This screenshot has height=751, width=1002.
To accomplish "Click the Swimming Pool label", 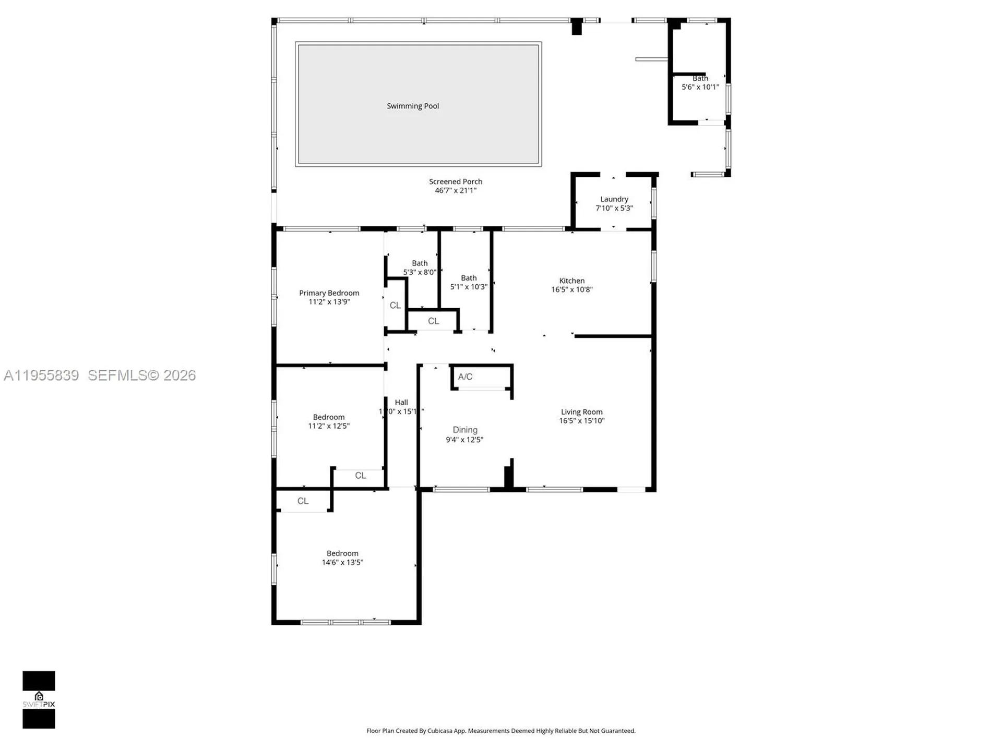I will pyautogui.click(x=412, y=106).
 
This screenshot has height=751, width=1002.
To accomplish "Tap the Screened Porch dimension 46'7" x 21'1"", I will pyautogui.click(x=456, y=190).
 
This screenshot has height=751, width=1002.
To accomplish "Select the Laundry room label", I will pyautogui.click(x=614, y=199).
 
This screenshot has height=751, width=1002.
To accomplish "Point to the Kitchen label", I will pyautogui.click(x=571, y=281).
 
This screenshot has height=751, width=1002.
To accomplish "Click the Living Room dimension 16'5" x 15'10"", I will pyautogui.click(x=581, y=421).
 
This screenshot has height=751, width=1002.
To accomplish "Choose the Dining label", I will pyautogui.click(x=464, y=430).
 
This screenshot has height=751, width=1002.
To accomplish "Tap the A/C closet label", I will pyautogui.click(x=465, y=377).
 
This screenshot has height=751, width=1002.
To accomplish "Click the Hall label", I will pyautogui.click(x=401, y=402).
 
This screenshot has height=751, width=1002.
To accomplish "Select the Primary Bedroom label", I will pyautogui.click(x=329, y=293).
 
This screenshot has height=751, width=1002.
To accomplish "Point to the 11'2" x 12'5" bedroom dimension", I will pyautogui.click(x=329, y=426).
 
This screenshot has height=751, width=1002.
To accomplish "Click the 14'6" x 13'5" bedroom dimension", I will pyautogui.click(x=342, y=562).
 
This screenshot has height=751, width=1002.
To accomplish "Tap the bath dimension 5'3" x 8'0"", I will pyautogui.click(x=419, y=272).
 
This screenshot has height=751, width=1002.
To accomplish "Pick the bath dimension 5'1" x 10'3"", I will pyautogui.click(x=469, y=287).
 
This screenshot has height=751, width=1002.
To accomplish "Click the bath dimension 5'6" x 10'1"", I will pyautogui.click(x=700, y=87).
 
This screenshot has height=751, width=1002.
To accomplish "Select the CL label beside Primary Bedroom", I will pyautogui.click(x=395, y=305).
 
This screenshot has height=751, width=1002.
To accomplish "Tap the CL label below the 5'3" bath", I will pyautogui.click(x=433, y=321).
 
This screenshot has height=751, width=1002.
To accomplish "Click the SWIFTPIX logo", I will pyautogui.click(x=39, y=700).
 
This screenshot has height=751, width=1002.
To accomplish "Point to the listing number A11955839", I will pyautogui.click(x=41, y=375).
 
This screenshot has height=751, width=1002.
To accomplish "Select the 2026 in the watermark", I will pyautogui.click(x=179, y=375).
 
